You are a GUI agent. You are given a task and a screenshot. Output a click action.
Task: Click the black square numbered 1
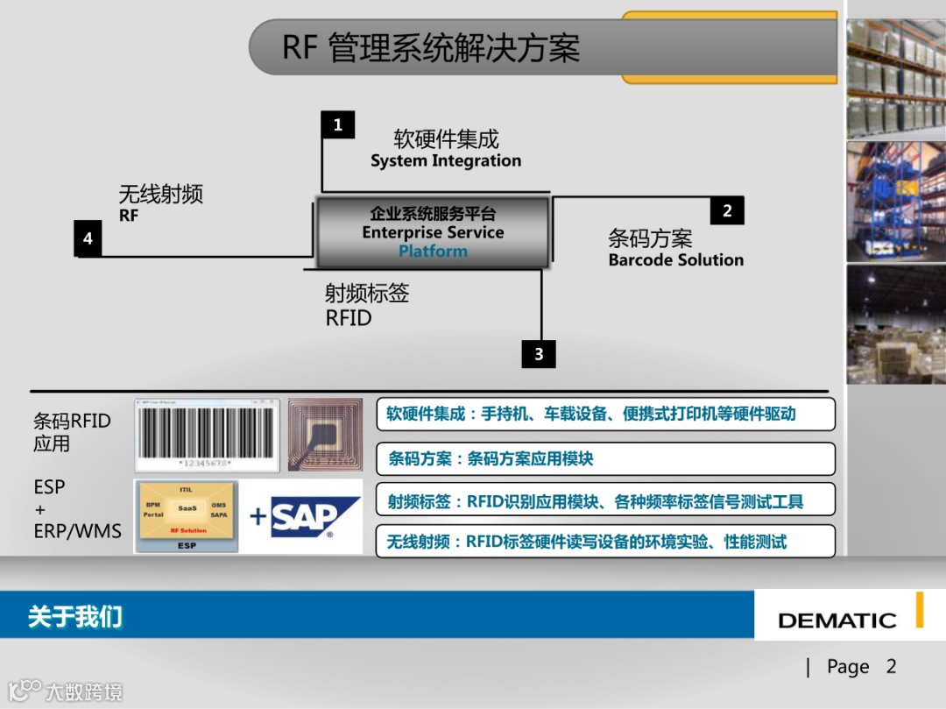click(x=337, y=125)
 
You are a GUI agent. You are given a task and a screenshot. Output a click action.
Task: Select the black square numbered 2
click(x=727, y=210)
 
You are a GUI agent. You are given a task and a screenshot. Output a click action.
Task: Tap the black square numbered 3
click(x=539, y=354)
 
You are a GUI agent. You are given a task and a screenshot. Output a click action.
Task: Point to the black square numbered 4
click(x=88, y=238)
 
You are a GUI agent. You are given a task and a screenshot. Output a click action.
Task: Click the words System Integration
click(x=445, y=161)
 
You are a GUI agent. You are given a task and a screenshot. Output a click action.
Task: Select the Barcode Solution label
click(x=675, y=260)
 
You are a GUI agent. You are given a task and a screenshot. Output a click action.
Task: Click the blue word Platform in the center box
click(x=433, y=252)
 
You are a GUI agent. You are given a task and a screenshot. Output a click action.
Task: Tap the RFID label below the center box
click(x=349, y=318)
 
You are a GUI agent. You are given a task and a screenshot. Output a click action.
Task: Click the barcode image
click(x=206, y=436)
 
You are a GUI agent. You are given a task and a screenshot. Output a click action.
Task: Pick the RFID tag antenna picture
click(x=325, y=436)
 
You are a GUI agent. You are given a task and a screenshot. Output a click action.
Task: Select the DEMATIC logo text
click(x=837, y=620)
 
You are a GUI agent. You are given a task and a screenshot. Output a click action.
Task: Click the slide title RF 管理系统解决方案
click(x=431, y=47)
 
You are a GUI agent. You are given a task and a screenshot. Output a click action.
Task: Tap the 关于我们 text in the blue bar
click(x=74, y=617)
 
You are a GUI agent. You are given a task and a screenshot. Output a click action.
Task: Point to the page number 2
click(x=891, y=667)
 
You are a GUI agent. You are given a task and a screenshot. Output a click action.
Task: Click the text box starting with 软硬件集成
click(x=605, y=414)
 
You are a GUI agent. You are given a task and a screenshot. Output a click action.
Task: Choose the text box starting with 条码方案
click(x=605, y=458)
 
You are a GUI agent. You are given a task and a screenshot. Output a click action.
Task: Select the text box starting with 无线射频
click(x=605, y=542)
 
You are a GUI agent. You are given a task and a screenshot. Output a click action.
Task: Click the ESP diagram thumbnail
click(x=187, y=516)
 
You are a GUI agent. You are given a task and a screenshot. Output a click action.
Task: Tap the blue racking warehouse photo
click(x=895, y=202)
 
